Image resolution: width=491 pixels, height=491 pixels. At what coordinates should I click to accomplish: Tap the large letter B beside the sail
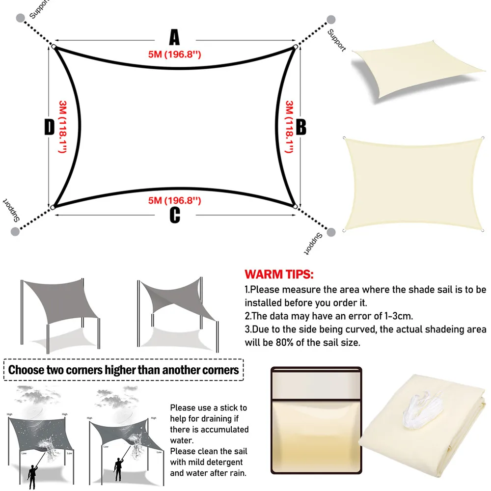[x=300, y=127]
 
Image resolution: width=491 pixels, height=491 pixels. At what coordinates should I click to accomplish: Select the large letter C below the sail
[x=175, y=215]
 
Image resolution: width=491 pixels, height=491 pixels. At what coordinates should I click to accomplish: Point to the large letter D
[x=49, y=128]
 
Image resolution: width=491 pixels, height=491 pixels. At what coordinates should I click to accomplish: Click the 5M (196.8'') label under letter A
[x=174, y=55]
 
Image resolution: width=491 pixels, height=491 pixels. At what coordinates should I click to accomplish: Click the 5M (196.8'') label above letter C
[x=175, y=200]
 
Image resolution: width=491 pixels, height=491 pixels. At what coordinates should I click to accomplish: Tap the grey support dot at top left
[x=20, y=18]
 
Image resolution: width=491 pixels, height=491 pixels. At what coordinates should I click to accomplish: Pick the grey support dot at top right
[x=331, y=20]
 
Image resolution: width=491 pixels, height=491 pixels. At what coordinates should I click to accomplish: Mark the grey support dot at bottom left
[x=15, y=231]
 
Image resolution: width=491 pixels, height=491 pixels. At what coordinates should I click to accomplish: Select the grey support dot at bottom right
[x=331, y=232]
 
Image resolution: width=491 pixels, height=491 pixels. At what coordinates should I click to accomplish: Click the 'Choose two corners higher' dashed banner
[x=124, y=369]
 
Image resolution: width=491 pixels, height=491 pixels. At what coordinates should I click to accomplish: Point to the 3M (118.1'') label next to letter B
[x=289, y=127]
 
